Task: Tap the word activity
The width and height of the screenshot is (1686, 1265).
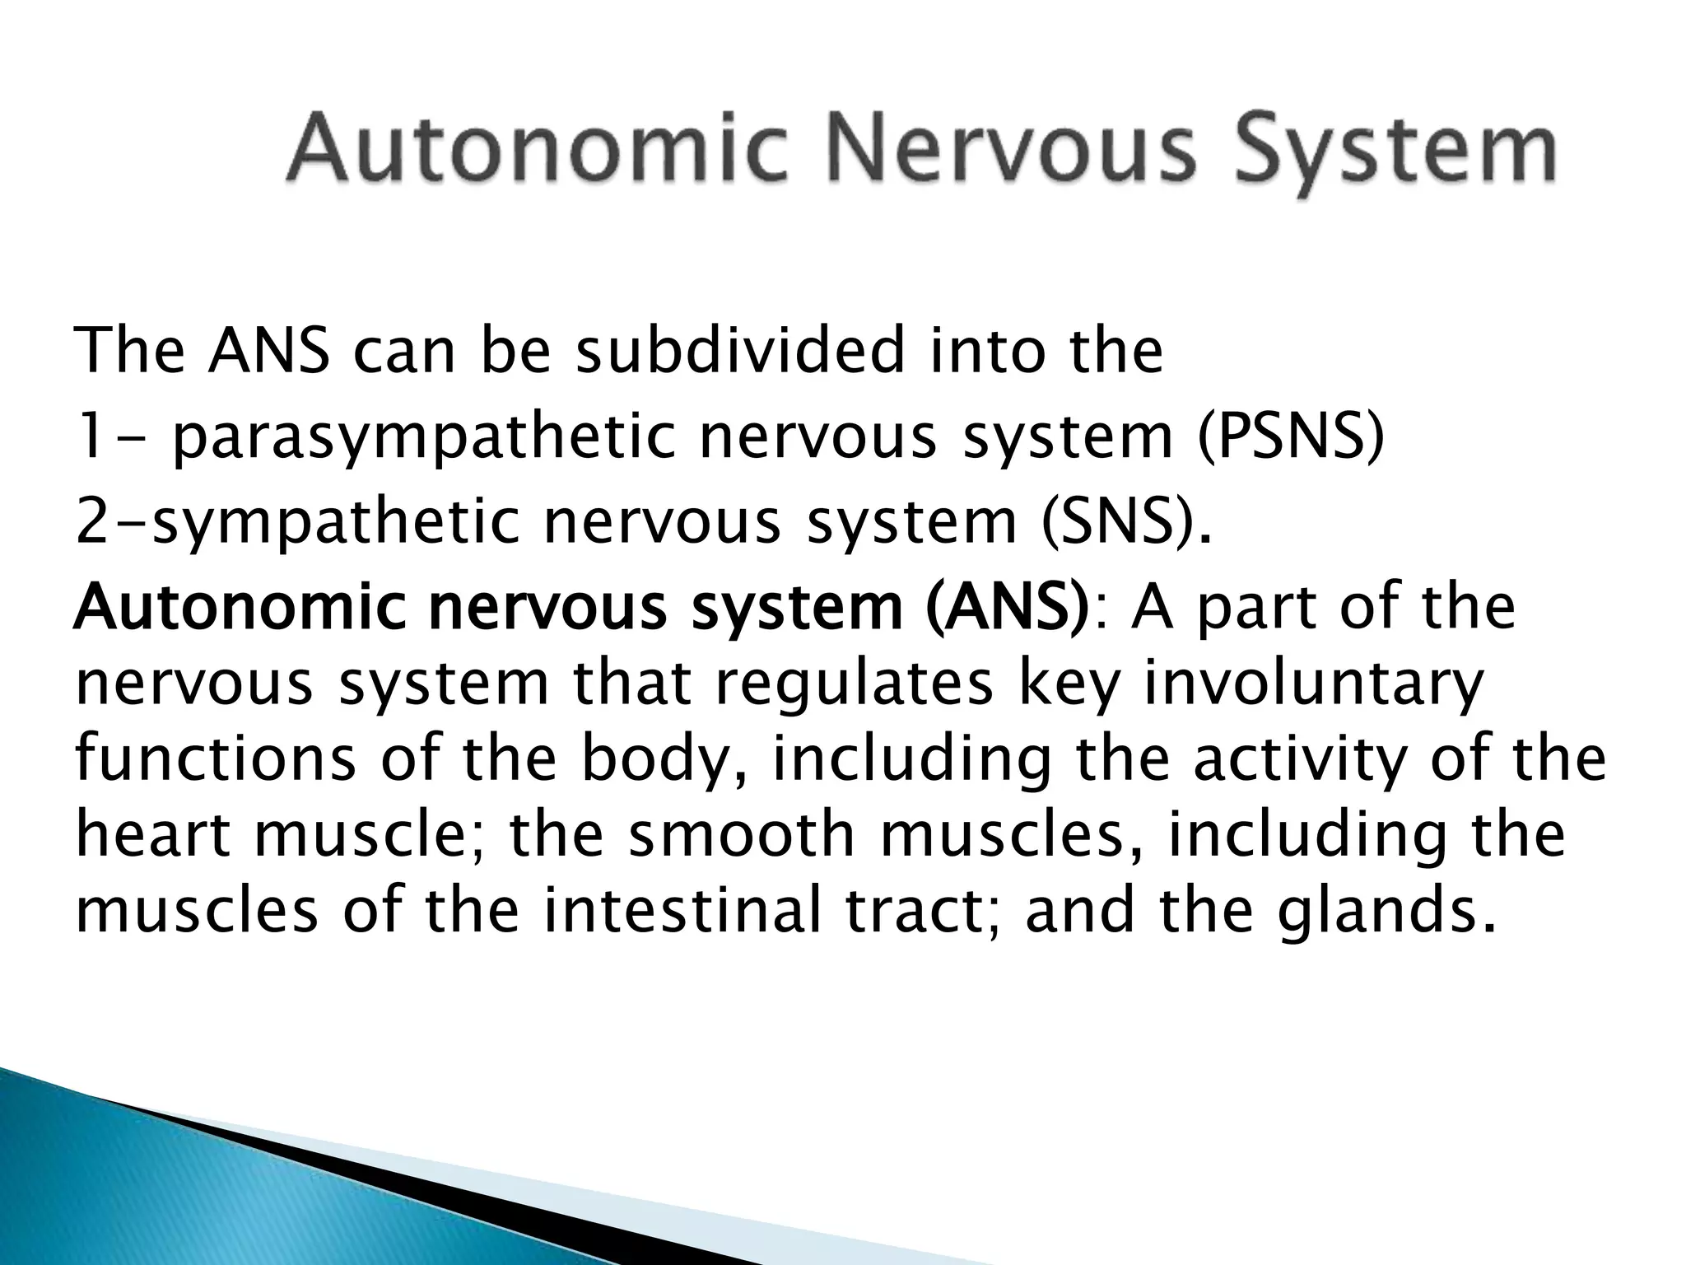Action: click(1301, 762)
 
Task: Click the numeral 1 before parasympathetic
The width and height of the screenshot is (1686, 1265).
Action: click(89, 437)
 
